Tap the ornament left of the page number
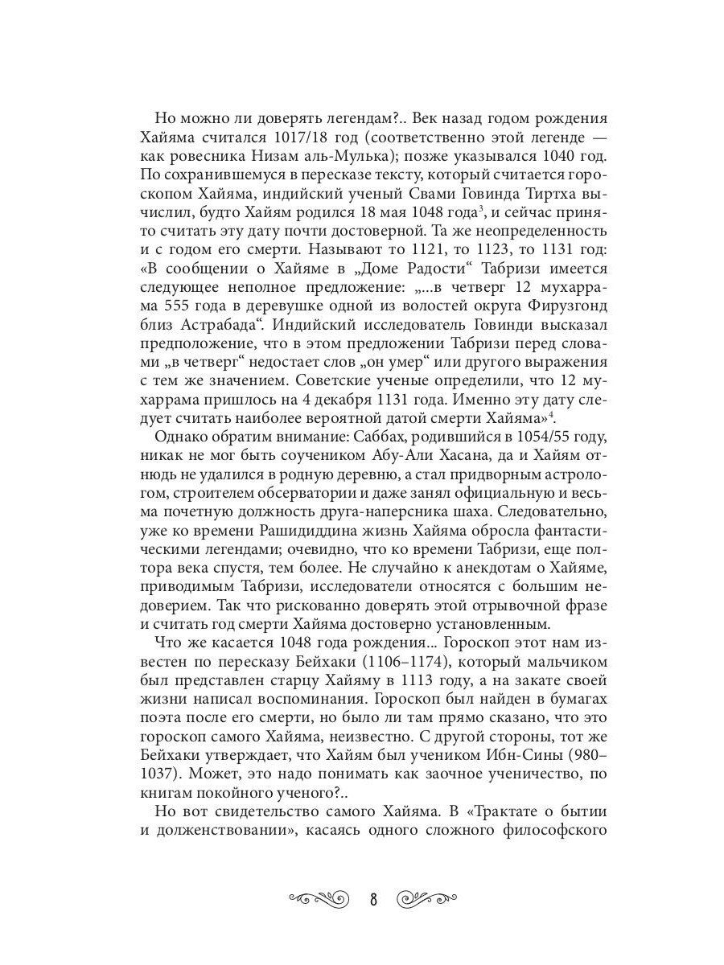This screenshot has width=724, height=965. [x=319, y=895]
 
